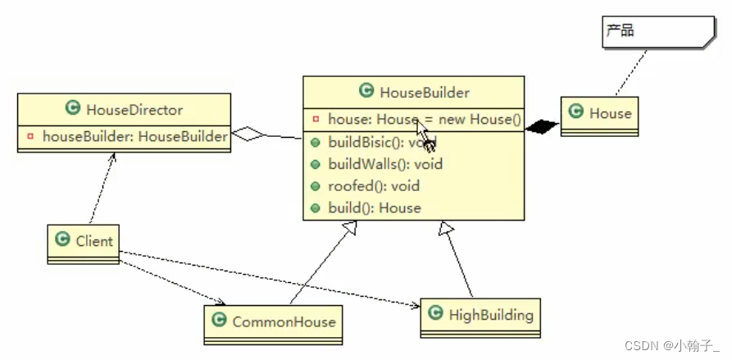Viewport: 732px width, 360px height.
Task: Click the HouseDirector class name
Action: point(134,109)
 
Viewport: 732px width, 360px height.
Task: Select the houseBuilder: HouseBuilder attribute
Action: point(134,137)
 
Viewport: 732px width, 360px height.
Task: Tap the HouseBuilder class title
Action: point(424,93)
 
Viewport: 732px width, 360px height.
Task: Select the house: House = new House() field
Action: point(424,120)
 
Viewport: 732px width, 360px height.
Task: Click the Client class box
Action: point(84,243)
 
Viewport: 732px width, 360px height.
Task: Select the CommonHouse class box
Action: point(274,324)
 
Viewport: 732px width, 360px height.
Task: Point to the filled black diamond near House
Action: point(542,125)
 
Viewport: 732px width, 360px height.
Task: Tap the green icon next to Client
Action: point(62,239)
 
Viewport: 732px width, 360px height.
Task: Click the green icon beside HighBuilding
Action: point(434,314)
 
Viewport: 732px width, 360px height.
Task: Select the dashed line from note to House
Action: point(629,73)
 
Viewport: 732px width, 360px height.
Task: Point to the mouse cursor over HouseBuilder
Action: point(424,134)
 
